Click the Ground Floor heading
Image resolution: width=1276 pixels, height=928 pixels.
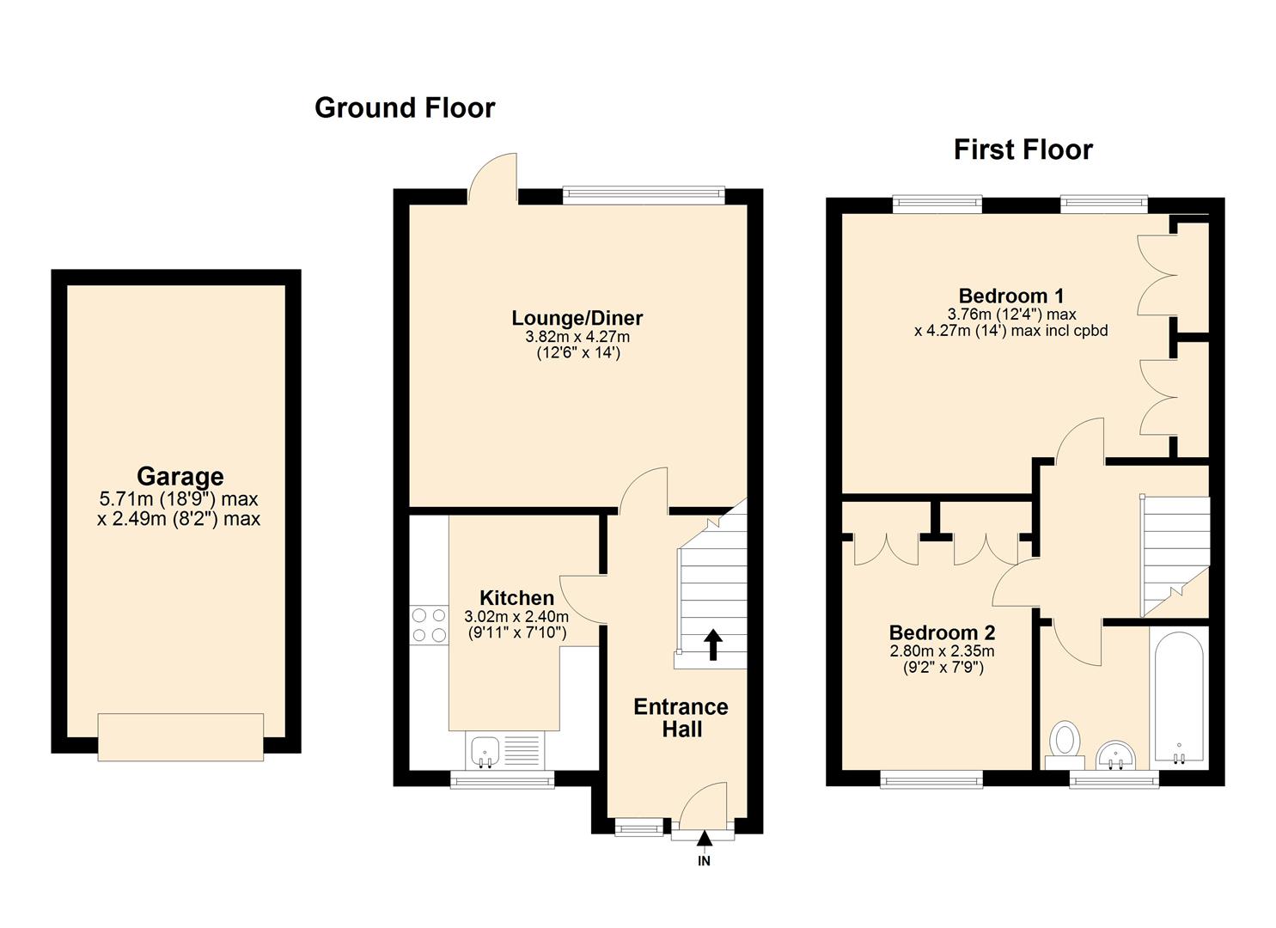tap(405, 108)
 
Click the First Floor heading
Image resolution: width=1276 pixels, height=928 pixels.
tap(1023, 150)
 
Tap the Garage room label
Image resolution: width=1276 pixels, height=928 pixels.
tap(180, 477)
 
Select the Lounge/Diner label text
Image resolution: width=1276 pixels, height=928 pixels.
tap(577, 318)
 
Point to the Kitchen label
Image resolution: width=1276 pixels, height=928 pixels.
tap(516, 598)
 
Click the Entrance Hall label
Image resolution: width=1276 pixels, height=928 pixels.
tap(681, 717)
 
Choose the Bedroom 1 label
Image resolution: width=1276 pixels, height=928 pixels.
tap(1011, 296)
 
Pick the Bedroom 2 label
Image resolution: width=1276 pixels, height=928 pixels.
tap(942, 633)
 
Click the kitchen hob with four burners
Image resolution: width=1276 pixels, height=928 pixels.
tap(429, 625)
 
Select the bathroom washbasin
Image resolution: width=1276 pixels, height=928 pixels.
tap(1116, 754)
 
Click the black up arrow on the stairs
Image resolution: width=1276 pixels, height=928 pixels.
tap(713, 644)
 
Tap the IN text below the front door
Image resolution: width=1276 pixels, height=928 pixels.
tap(704, 861)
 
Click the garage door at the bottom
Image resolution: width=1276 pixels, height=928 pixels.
tap(180, 736)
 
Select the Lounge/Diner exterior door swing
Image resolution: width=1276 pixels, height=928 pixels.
tap(494, 178)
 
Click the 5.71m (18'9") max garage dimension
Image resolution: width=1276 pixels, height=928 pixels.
tap(179, 499)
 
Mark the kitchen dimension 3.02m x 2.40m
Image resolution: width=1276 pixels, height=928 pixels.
tap(516, 616)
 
